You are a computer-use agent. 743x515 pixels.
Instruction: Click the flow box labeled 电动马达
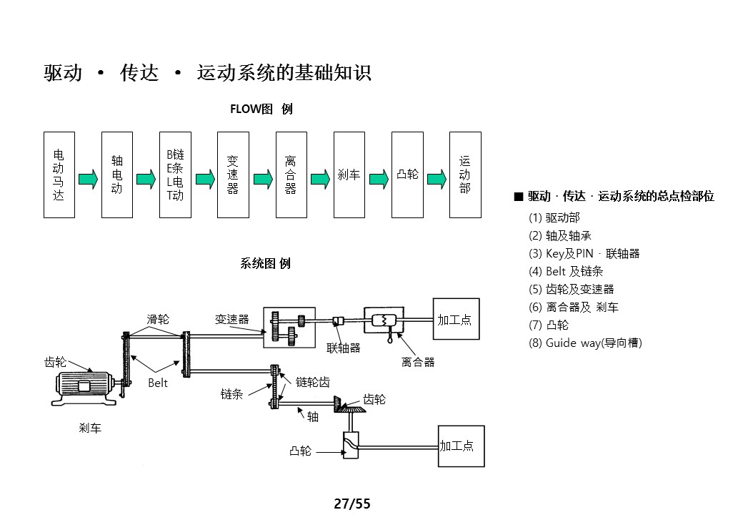pyautogui.click(x=59, y=175)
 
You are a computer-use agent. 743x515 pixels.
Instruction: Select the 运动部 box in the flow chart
pyautogui.click(x=464, y=175)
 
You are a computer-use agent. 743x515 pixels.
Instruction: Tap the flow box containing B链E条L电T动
pyautogui.click(x=175, y=175)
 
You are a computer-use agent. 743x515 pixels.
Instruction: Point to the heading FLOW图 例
pyautogui.click(x=261, y=109)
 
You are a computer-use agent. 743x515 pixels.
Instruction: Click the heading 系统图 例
pyautogui.click(x=265, y=263)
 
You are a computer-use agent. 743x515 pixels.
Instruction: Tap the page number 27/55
pyautogui.click(x=352, y=504)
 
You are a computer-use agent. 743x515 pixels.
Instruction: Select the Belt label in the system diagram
pyautogui.click(x=158, y=383)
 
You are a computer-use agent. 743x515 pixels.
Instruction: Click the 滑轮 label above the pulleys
pyautogui.click(x=158, y=319)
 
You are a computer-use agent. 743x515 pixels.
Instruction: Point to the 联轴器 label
pyautogui.click(x=344, y=348)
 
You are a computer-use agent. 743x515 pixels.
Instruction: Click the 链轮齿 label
pyautogui.click(x=313, y=382)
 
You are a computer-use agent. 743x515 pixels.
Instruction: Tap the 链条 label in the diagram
pyautogui.click(x=232, y=393)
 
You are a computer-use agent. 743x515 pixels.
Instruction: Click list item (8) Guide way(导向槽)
pyautogui.click(x=585, y=343)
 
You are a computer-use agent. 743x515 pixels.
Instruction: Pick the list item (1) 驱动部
pyautogui.click(x=554, y=217)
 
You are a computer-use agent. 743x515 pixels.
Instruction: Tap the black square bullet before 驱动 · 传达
pyautogui.click(x=519, y=197)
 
